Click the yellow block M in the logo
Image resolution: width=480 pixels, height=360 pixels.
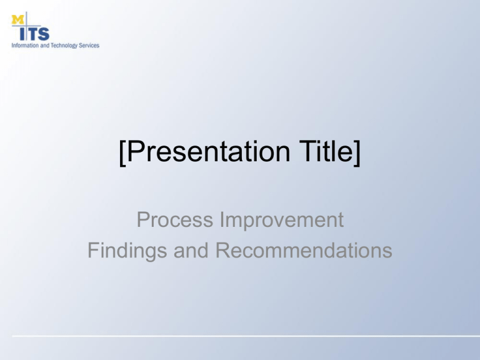[17, 19]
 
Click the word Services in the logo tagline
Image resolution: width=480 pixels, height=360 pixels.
[89, 46]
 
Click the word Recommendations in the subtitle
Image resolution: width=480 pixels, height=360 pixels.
[304, 251]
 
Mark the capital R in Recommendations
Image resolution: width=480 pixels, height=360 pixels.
[222, 251]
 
